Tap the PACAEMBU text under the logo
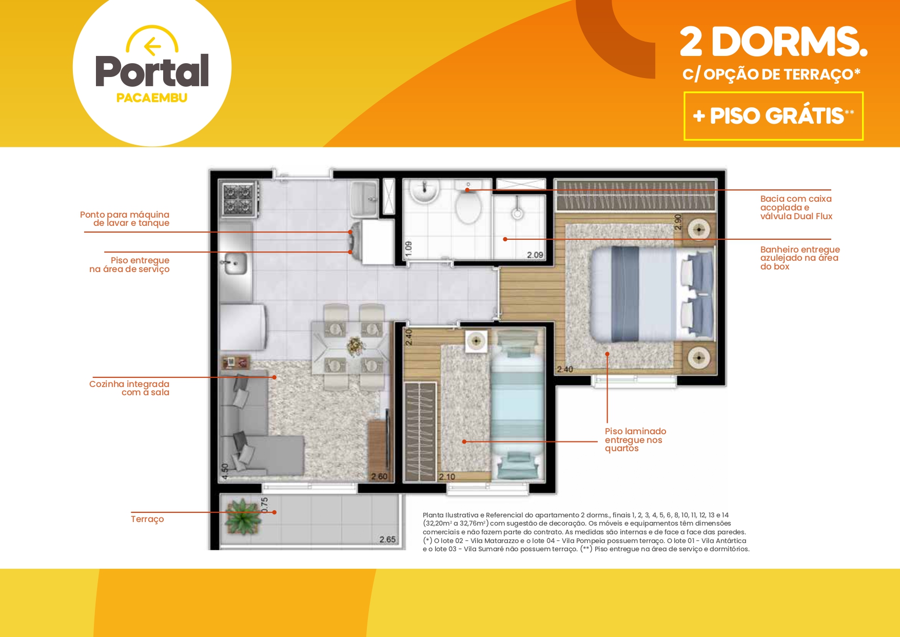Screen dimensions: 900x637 click(152, 98)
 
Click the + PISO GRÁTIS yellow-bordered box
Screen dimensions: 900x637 click(773, 116)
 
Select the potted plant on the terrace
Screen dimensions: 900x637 click(242, 516)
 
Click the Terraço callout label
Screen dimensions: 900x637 click(147, 519)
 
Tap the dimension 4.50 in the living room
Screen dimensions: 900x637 click(224, 471)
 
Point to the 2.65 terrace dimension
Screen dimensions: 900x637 click(387, 539)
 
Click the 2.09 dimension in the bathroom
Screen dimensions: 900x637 click(535, 255)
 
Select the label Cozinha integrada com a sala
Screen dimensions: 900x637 click(129, 388)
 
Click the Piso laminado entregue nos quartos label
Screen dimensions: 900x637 click(635, 440)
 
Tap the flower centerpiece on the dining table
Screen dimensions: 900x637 click(355, 346)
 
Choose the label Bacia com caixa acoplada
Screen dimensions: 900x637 click(796, 207)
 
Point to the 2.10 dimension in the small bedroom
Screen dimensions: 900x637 click(447, 477)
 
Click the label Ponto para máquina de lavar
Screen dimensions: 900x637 click(125, 219)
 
